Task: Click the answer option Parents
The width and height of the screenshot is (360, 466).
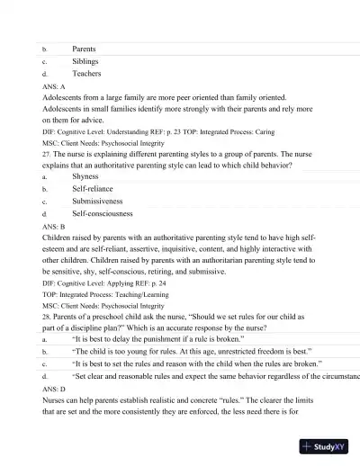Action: click(x=85, y=49)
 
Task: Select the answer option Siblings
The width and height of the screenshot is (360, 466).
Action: click(x=86, y=61)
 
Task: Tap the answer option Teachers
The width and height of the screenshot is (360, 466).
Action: click(x=87, y=74)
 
